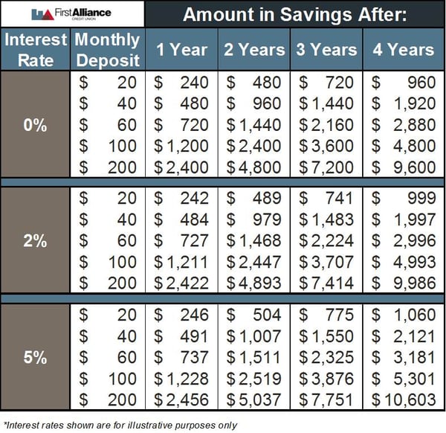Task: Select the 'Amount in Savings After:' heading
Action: coord(294,14)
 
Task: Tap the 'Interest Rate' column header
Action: coord(36,49)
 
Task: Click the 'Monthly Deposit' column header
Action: coord(108,49)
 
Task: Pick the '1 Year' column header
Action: coord(181,50)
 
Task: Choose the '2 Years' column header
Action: coord(255,50)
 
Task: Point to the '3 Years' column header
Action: coord(327,50)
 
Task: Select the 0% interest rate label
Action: coord(36,125)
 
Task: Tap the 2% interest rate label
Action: coord(36,240)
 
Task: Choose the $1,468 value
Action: coord(255,241)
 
